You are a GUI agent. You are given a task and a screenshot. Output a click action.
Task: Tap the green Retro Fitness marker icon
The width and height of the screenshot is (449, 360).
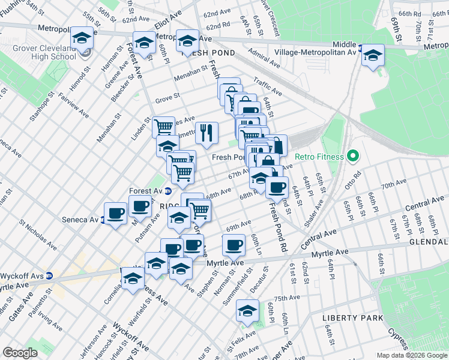point(354,157)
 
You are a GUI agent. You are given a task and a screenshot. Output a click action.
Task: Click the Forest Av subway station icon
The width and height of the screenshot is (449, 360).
point(169,191)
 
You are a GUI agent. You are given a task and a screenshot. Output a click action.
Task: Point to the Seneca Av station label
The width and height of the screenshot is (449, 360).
point(80,220)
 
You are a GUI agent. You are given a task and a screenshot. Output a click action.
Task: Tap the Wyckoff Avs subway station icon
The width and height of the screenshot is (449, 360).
point(50,276)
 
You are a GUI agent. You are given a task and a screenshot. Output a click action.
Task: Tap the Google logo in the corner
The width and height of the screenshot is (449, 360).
point(20,353)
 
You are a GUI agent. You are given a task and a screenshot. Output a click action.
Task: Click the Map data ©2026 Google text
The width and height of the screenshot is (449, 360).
point(411,355)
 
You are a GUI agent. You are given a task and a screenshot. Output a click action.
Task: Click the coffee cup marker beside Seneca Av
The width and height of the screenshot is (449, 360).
point(115,212)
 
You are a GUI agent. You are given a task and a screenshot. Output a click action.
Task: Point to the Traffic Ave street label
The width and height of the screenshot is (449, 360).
point(267,89)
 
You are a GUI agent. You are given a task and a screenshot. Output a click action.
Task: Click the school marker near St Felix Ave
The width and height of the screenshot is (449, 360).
point(247,310)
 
